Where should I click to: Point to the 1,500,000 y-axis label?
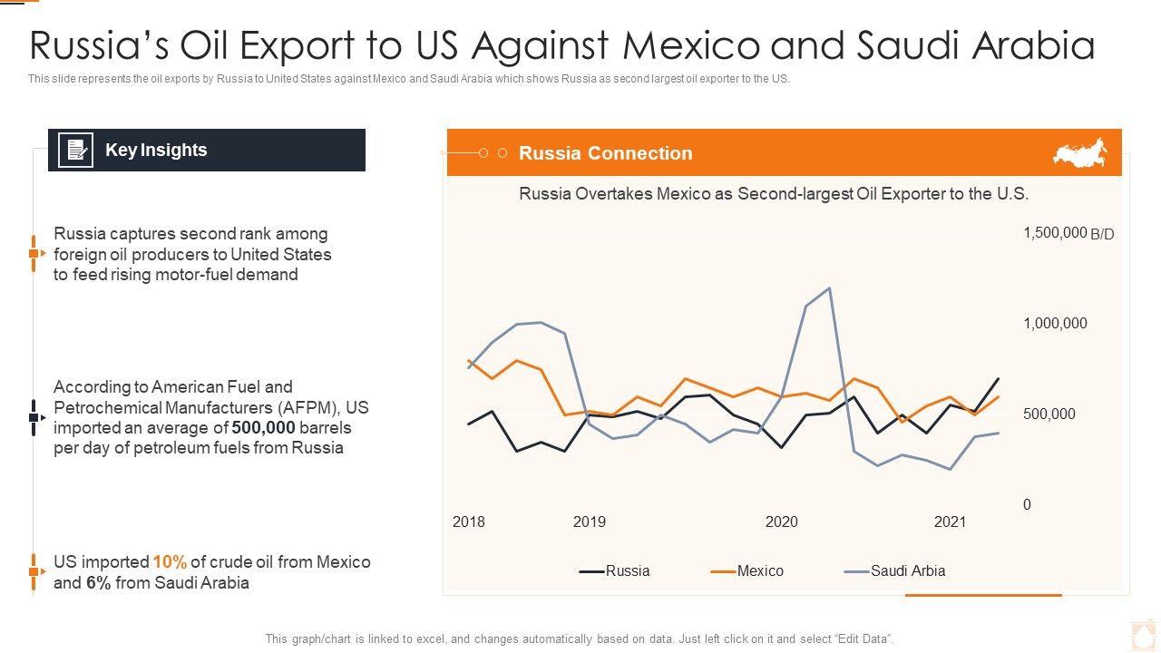1055,233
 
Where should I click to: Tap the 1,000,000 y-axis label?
1055,324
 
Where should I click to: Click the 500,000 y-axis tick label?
1049,414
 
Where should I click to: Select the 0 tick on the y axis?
1027,505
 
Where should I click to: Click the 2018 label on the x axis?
469,522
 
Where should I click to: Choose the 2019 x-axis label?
590,522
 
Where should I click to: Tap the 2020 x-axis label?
782,522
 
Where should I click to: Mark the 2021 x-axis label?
951,522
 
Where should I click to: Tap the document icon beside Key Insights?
75,151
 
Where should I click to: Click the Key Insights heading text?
156,151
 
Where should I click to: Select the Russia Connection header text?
605,153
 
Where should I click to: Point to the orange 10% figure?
170,562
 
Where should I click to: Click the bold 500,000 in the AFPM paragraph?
264,428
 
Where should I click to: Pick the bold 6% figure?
98,583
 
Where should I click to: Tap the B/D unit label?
1102,234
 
